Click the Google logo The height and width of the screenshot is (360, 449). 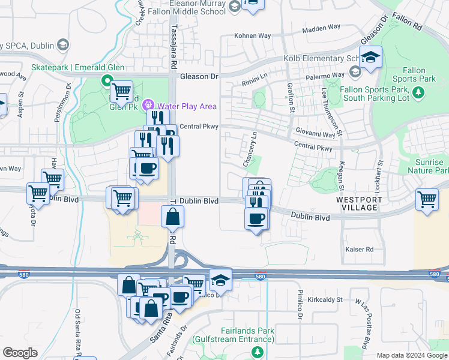[20, 353]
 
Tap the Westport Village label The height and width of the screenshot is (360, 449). [357, 203]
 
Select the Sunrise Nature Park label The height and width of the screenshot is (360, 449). [429, 166]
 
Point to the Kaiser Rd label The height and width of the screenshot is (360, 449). [359, 249]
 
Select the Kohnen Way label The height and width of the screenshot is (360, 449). [253, 36]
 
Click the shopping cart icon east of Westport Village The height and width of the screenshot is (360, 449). [427, 199]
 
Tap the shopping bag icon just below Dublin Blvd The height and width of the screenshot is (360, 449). [172, 217]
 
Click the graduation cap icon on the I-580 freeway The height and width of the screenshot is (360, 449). [221, 279]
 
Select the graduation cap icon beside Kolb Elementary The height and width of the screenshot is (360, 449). [371, 58]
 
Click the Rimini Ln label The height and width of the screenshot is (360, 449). [254, 80]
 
